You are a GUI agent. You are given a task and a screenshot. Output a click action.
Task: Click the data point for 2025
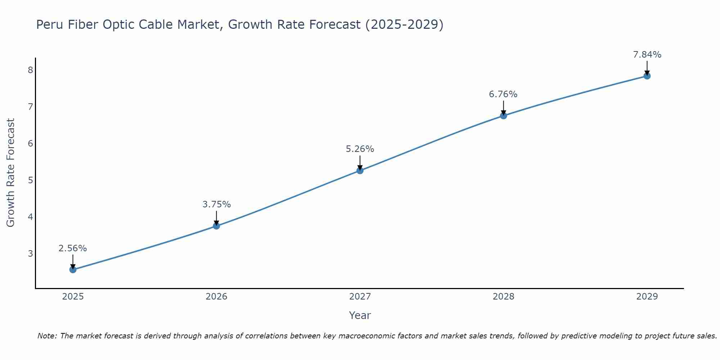pos(73,270)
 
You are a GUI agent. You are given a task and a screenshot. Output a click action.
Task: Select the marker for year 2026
pos(216,226)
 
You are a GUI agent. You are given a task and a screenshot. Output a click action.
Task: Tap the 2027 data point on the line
pos(360,171)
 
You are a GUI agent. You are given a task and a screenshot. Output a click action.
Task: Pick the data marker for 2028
pos(503,116)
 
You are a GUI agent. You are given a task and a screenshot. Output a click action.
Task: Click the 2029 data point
pos(647,76)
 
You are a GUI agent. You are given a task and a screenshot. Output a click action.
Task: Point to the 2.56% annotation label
pos(73,248)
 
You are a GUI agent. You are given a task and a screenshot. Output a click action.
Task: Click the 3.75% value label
pos(216,204)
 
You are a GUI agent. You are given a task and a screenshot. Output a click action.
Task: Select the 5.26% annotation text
pos(360,149)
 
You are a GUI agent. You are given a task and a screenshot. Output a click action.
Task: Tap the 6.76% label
pos(503,94)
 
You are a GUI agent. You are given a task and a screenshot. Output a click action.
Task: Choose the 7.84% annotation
pos(647,55)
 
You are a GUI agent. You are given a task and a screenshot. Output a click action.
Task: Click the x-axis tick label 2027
pos(360,297)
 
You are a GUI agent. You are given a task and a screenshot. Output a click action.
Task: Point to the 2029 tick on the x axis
pos(647,297)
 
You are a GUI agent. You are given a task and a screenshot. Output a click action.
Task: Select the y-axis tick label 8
pos(30,70)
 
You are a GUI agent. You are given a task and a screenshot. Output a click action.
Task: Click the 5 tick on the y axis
pos(30,180)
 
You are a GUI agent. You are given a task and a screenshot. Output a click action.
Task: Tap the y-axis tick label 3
pos(30,253)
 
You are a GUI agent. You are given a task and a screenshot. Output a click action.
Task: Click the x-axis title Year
pos(360,315)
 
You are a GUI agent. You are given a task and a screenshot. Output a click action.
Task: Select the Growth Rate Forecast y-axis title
pos(11,173)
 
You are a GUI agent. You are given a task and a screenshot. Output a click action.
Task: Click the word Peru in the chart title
pos(49,25)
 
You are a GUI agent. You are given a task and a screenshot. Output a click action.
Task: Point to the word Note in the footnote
pos(47,336)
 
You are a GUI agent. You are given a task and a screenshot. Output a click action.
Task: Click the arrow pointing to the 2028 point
pos(503,107)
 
